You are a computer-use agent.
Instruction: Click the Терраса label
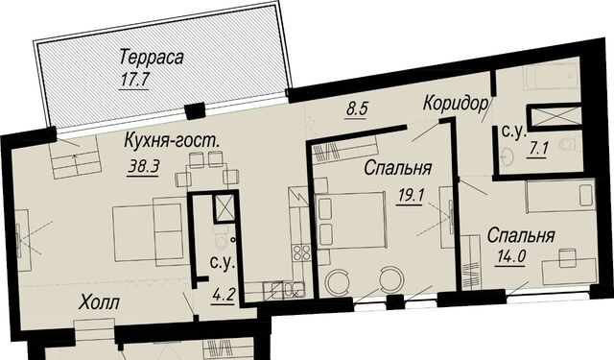[x=152, y=58]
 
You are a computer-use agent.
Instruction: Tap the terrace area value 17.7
[x=134, y=81]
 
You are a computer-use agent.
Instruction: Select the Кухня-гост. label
[x=171, y=141]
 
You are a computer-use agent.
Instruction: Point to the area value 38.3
[x=143, y=167]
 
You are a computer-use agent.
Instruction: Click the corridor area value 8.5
[x=357, y=108]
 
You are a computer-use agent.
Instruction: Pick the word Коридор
[x=457, y=104]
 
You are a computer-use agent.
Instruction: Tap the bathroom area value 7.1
[x=537, y=150]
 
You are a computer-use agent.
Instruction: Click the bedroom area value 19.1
[x=410, y=195]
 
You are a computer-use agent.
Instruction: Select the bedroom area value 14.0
[x=510, y=257]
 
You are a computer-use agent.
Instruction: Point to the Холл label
[x=99, y=302]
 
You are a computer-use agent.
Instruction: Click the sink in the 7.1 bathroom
[x=508, y=156]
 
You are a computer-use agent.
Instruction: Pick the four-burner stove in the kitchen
[x=301, y=252]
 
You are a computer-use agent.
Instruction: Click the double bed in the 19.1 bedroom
[x=351, y=220]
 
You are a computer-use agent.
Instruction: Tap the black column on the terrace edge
[x=195, y=110]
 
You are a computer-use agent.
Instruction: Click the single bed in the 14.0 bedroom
[x=560, y=197]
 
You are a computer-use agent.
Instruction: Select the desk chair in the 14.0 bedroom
[x=567, y=257]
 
